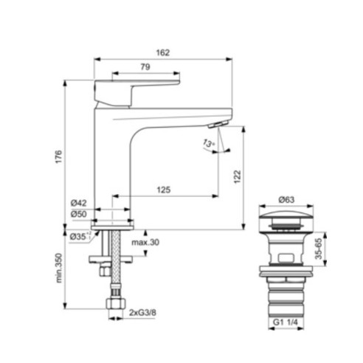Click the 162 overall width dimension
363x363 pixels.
pyautogui.click(x=163, y=52)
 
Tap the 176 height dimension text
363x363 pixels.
pyautogui.click(x=58, y=156)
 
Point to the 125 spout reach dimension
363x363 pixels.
pyautogui.click(x=163, y=190)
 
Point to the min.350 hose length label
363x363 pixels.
pyautogui.click(x=58, y=269)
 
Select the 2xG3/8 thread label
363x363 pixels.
pyautogui.click(x=143, y=313)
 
